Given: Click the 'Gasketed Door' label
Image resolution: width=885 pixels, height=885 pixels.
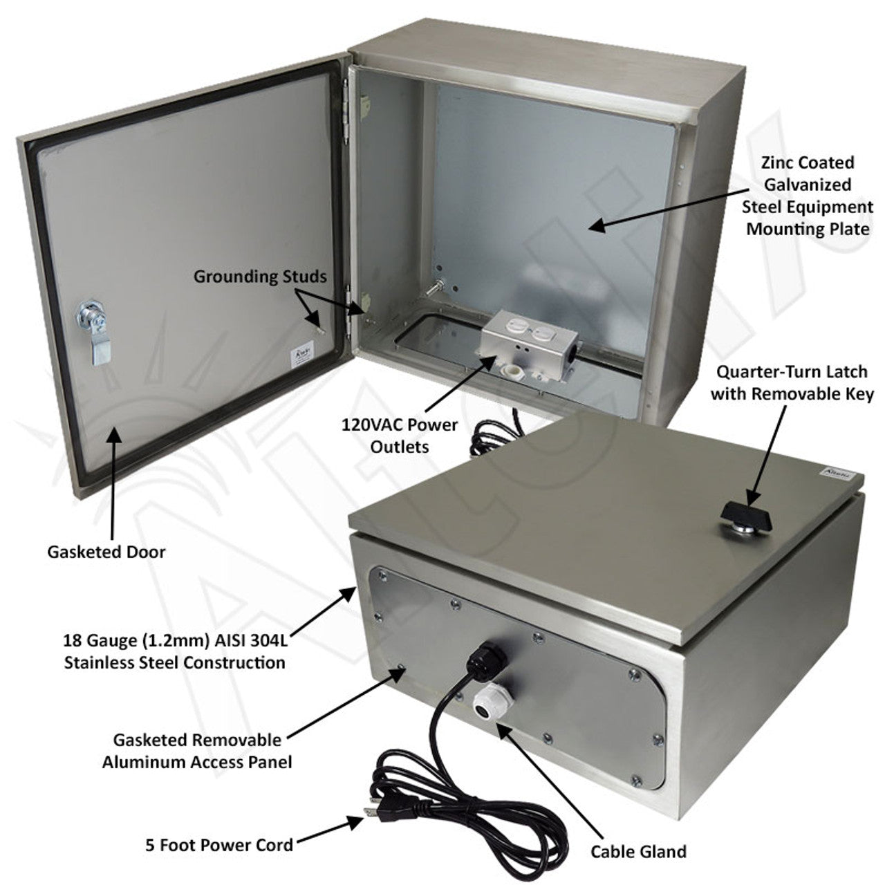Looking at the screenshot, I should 106,552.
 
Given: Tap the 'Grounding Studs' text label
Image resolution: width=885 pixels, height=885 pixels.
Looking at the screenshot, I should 259,277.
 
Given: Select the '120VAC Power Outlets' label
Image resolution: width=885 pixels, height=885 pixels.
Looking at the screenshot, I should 400,435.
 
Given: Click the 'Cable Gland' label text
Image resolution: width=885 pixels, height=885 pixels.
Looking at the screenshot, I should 637,851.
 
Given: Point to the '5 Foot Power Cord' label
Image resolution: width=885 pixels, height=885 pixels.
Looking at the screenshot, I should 219,844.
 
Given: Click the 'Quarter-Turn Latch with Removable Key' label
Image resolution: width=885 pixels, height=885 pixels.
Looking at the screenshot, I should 792,382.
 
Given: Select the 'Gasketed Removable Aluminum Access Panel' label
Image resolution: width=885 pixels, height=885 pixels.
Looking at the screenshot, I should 196,751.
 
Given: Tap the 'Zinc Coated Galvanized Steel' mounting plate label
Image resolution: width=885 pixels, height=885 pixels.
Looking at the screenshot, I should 807,196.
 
